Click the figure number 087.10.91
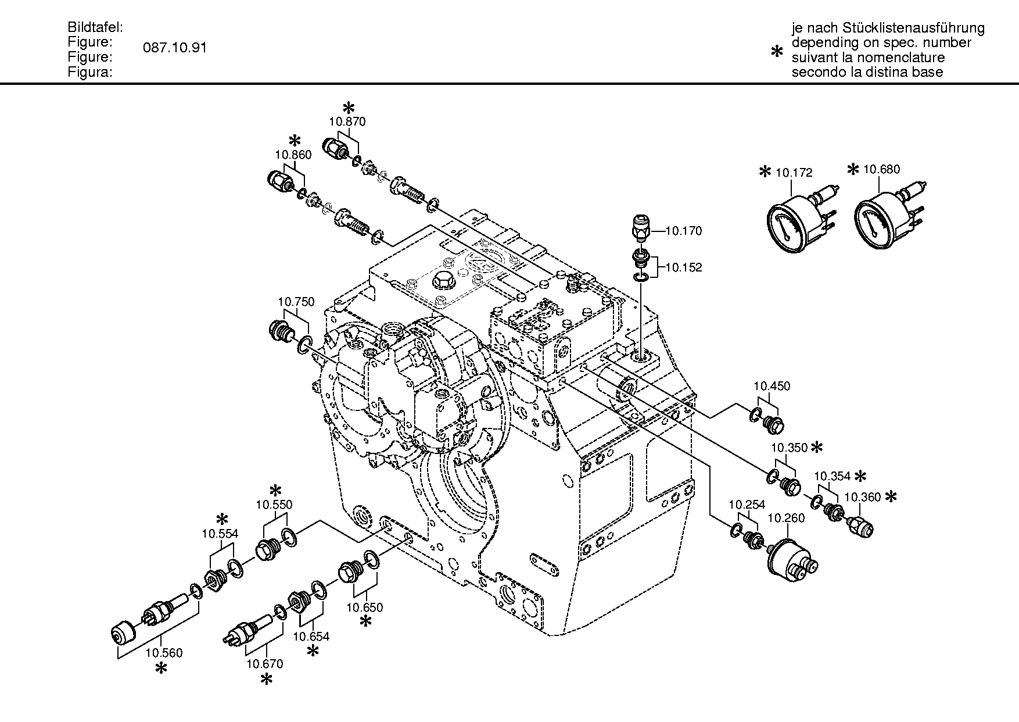coord(175,48)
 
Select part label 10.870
coord(347,121)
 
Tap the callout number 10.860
coord(293,155)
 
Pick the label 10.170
coord(683,231)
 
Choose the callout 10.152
coord(683,268)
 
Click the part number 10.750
coord(296,302)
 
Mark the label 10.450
coord(772,386)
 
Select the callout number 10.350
coord(789,448)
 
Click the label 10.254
coord(747,505)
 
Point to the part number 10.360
coord(862,497)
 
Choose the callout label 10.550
coord(274,505)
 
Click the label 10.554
coord(220,534)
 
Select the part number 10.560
coord(164,653)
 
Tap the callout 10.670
coord(264,664)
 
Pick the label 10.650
coord(365,608)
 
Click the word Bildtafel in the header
coord(95,27)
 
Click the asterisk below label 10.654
coord(313,652)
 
